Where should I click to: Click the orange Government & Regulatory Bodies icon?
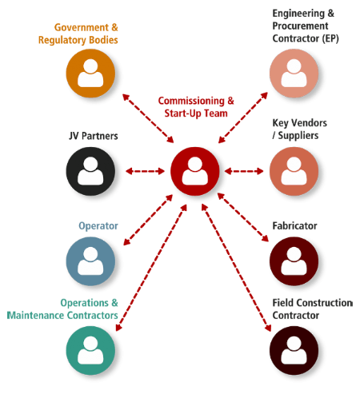(90, 74)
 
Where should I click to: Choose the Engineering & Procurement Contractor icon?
(294, 74)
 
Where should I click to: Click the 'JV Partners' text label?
(93, 136)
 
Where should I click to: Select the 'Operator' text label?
(98, 226)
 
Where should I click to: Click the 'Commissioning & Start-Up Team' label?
(196, 107)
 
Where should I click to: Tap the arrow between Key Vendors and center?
(244, 171)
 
